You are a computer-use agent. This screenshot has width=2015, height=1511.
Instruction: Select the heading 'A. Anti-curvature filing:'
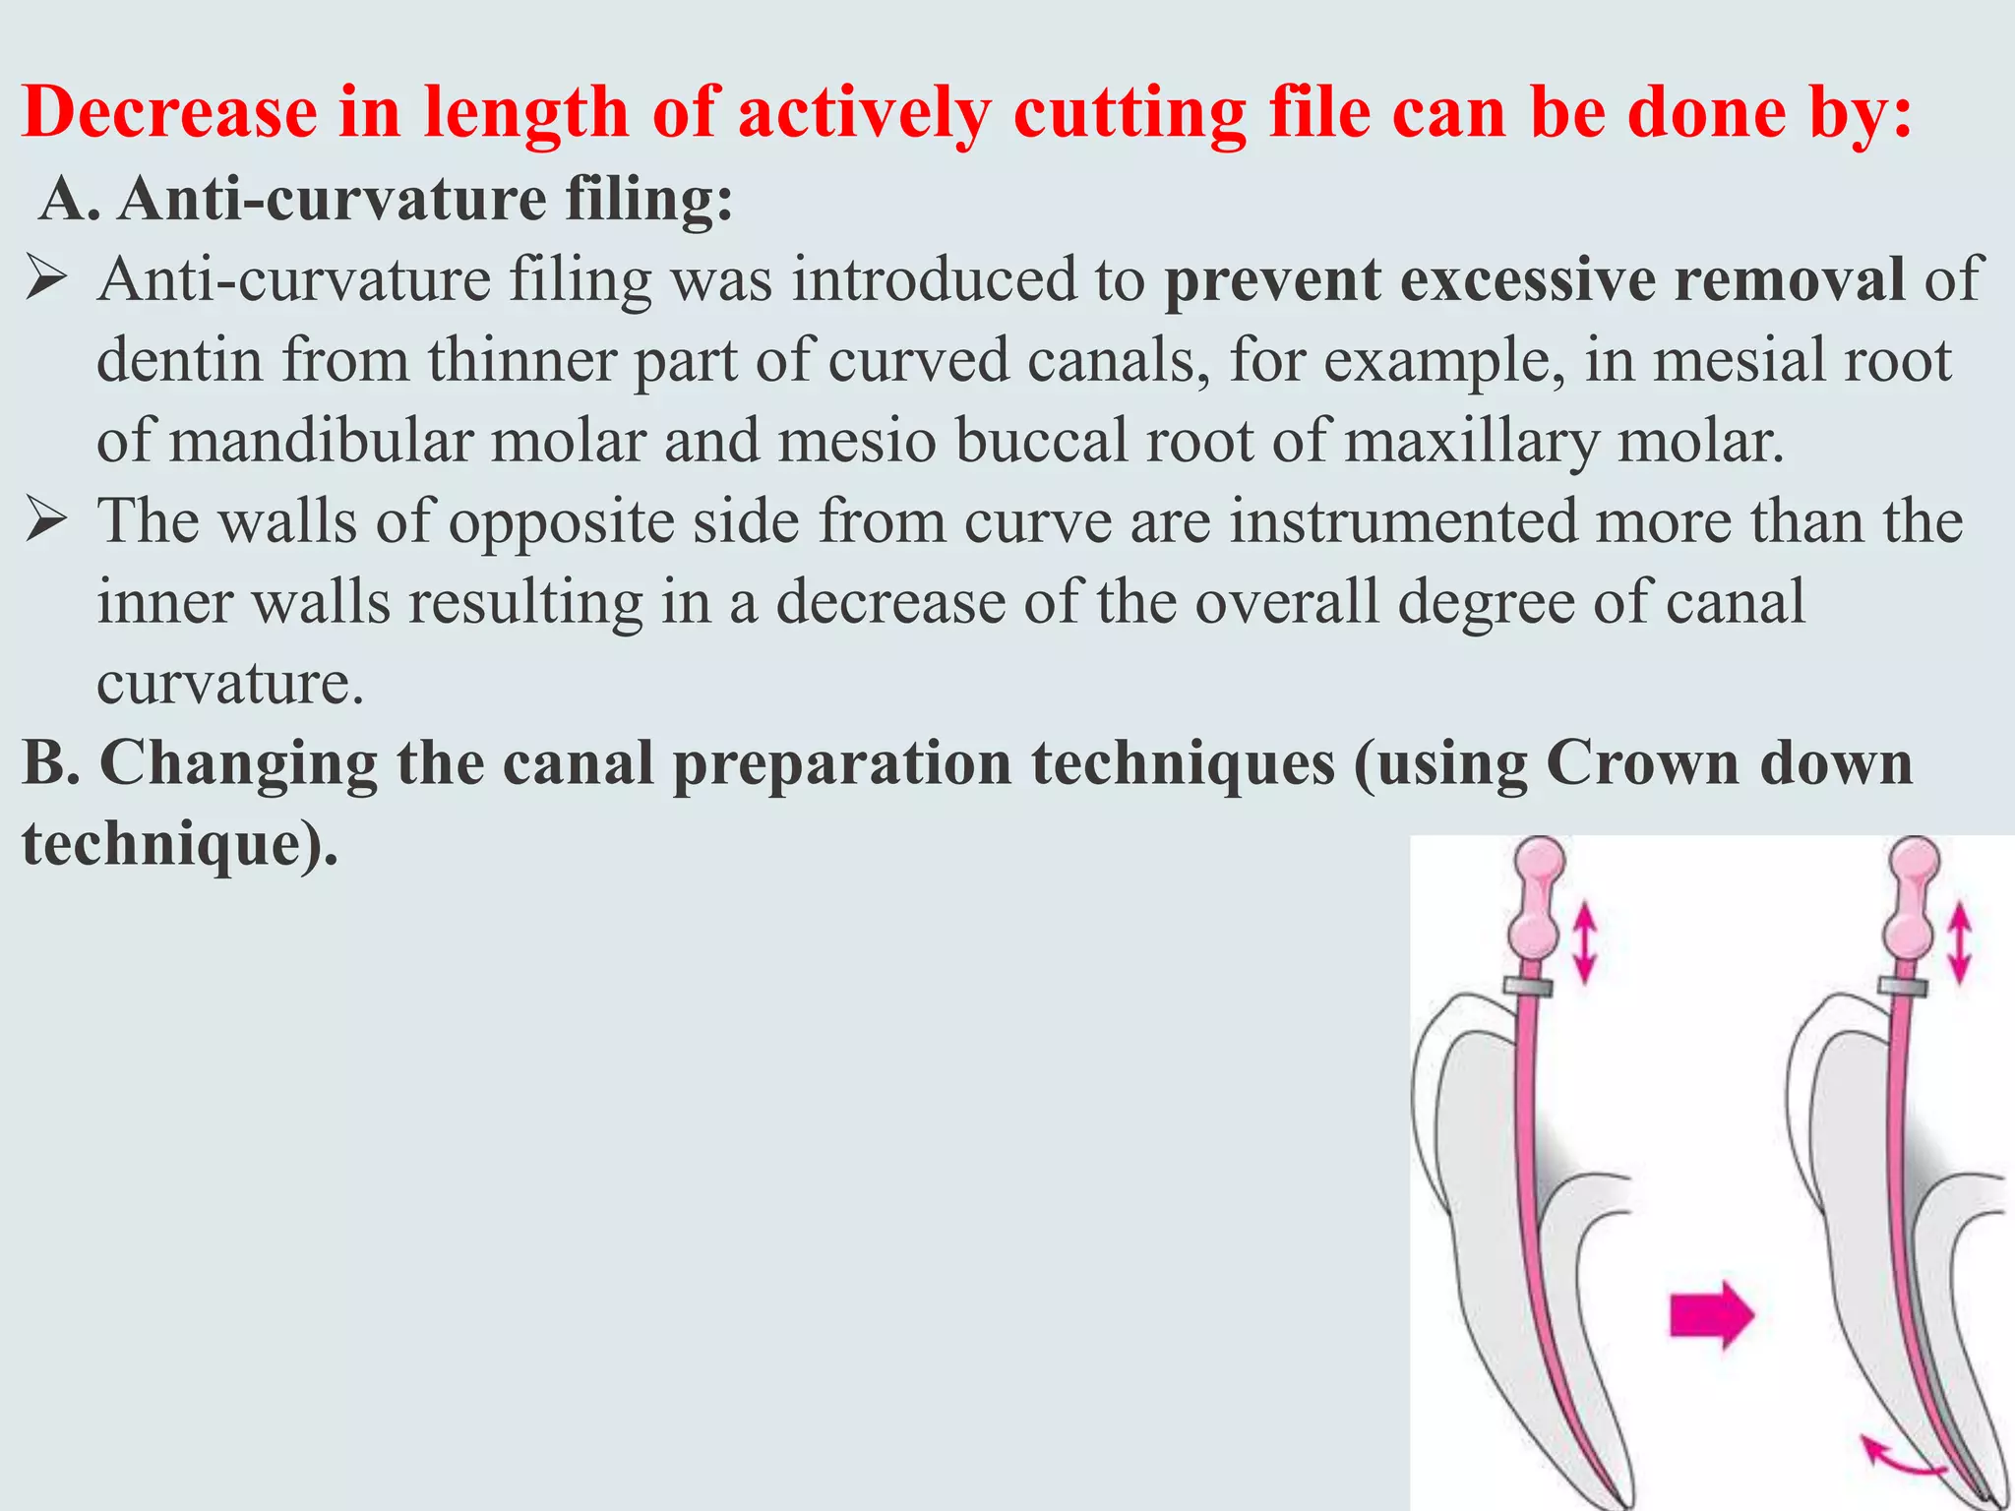387,199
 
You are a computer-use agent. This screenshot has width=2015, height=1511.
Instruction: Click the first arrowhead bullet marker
46,278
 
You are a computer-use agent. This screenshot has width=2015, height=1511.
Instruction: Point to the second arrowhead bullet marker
46,520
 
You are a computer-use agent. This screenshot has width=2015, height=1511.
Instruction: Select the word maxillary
1471,441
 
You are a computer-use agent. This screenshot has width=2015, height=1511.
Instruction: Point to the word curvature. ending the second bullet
230,682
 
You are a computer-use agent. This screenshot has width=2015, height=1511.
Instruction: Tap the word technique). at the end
180,844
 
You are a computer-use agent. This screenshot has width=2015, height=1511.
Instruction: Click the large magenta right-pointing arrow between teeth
1711,1314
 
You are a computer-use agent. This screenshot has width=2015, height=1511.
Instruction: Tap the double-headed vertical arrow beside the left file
1583,944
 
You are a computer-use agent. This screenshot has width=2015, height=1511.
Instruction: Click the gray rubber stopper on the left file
1527,987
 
